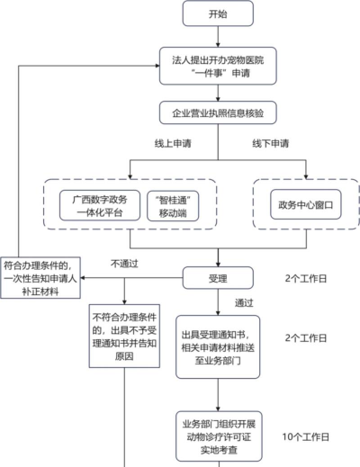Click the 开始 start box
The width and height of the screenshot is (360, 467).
217,14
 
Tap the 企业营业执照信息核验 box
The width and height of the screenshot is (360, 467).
217,113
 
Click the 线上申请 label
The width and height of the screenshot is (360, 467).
172,144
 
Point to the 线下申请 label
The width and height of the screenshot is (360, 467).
269,144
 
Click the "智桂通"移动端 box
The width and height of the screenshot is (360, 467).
171,204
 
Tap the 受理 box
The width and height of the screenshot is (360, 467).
217,278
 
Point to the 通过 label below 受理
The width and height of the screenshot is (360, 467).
244,302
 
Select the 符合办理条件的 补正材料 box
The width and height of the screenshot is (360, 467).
41,279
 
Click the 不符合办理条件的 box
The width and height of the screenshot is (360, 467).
124,337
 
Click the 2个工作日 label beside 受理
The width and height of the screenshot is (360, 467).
305,279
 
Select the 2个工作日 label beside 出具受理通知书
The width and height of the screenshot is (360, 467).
305,338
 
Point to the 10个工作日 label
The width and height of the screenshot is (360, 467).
305,436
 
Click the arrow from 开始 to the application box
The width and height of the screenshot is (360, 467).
217,36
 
